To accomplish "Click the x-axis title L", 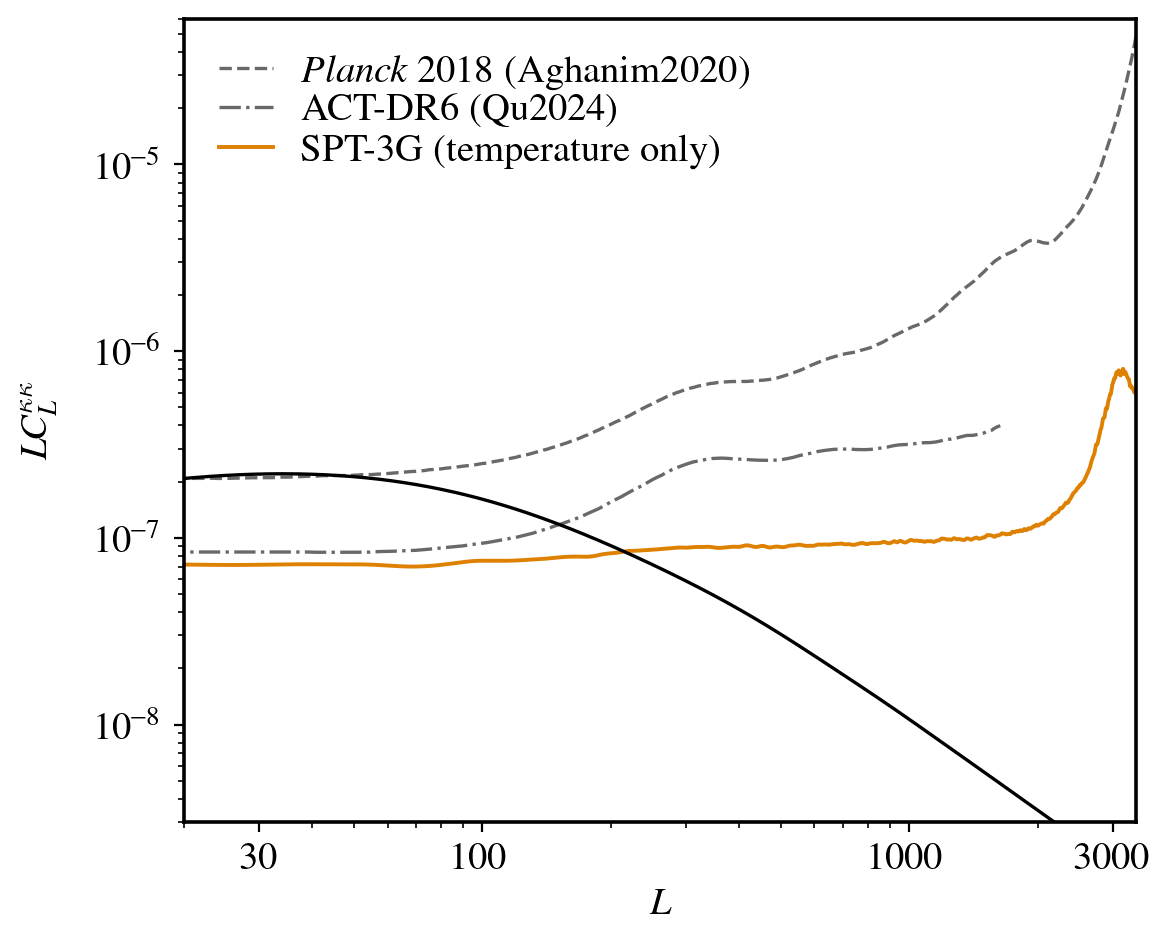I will (660, 904).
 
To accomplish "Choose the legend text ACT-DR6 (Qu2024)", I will (457, 110).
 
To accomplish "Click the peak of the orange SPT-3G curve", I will (1122, 370).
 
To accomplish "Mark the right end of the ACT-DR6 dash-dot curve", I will (1000, 425).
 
